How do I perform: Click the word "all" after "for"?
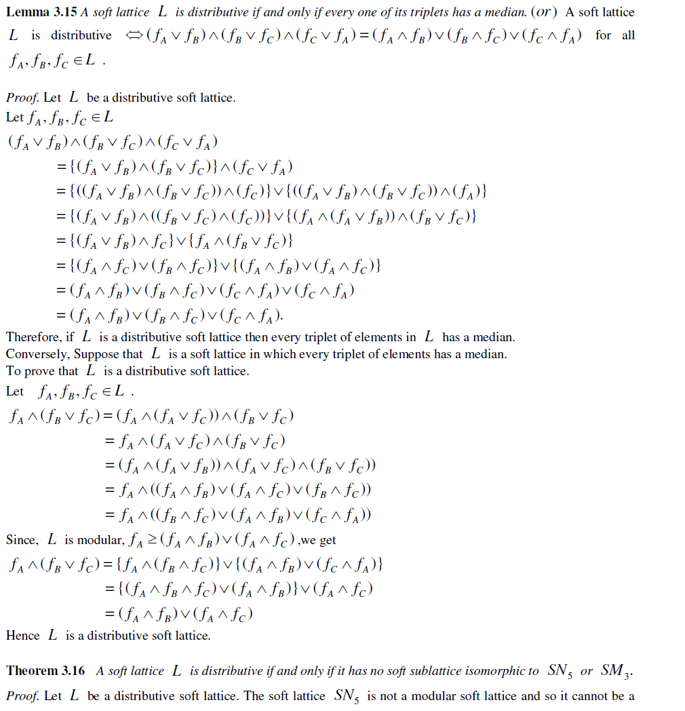[x=628, y=35]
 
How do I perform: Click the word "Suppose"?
[x=94, y=354]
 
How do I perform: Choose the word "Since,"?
[x=22, y=540]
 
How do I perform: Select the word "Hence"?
[x=23, y=636]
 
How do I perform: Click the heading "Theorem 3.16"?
[x=45, y=671]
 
